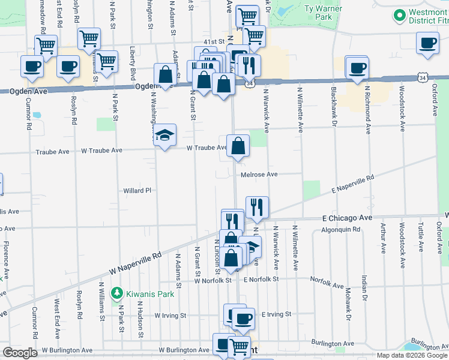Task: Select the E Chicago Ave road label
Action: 348,218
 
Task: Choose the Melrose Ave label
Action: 259,175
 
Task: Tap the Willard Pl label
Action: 137,191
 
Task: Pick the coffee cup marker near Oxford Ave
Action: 427,43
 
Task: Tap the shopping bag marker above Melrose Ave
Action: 238,145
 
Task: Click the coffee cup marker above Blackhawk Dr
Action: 358,68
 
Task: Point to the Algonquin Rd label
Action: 340,230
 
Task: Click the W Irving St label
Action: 170,315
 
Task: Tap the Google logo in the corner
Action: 20,352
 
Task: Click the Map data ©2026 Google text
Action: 411,355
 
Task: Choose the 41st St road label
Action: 213,42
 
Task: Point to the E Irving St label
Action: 276,314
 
